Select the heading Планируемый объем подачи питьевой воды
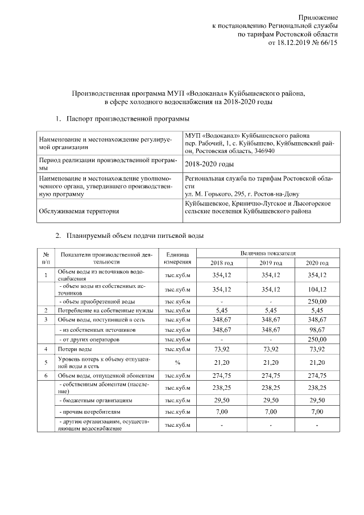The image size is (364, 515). tap(134, 235)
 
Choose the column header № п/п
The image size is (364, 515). tap(46, 258)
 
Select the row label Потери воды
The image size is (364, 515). tap(75, 348)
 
